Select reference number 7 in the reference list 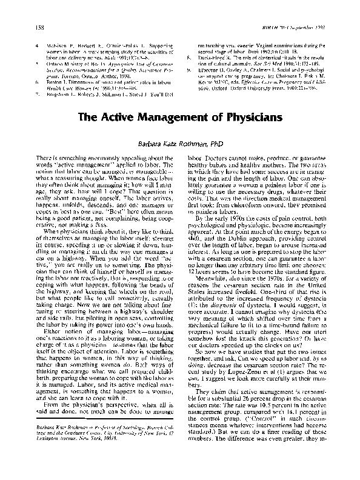point(38,78)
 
